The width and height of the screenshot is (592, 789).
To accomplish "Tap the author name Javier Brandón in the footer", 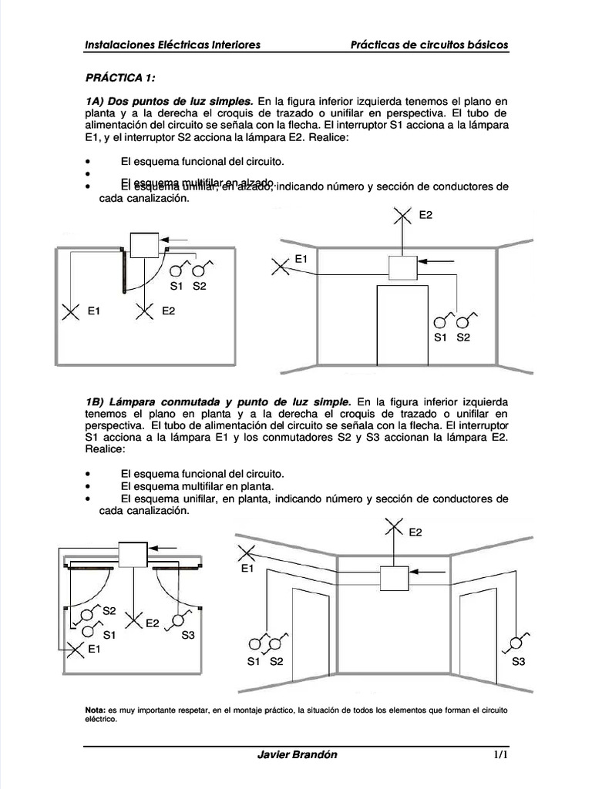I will pyautogui.click(x=297, y=754).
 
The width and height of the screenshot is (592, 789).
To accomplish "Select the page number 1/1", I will pyautogui.click(x=500, y=754).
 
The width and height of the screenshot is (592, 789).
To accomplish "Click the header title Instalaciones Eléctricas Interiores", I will pyautogui.click(x=172, y=45).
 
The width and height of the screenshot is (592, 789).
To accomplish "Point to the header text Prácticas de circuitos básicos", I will pyautogui.click(x=429, y=45).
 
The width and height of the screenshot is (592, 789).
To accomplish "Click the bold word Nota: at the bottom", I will pyautogui.click(x=95, y=709).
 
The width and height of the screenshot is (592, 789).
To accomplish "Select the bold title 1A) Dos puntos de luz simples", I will pyautogui.click(x=169, y=101).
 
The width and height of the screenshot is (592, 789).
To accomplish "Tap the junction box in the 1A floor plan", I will pyautogui.click(x=143, y=245).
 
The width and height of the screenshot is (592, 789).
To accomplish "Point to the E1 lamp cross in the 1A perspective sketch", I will pyautogui.click(x=281, y=267).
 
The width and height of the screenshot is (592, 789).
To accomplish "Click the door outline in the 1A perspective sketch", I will pyautogui.click(x=401, y=324).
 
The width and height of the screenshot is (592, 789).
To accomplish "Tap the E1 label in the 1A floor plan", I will pyautogui.click(x=95, y=311).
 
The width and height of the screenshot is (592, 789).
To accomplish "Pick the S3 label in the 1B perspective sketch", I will pyautogui.click(x=518, y=661).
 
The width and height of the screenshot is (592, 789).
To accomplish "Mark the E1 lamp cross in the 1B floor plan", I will pyautogui.click(x=76, y=649).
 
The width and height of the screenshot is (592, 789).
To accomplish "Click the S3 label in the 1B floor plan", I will pyautogui.click(x=188, y=636).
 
